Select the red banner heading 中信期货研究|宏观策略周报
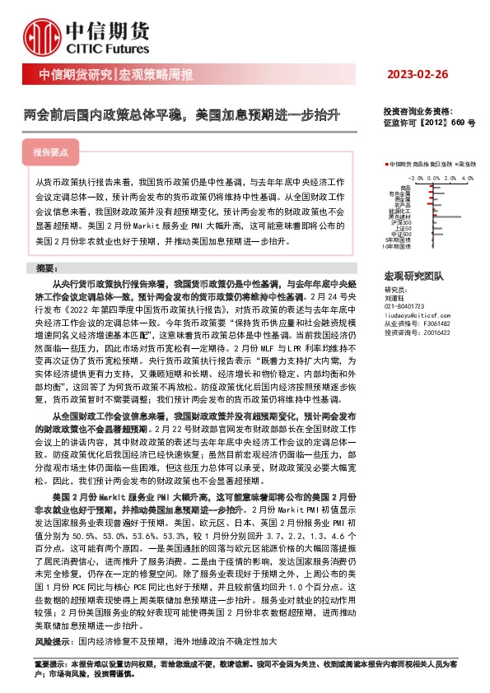116,75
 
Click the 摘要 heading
49,267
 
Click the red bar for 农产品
429,203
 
